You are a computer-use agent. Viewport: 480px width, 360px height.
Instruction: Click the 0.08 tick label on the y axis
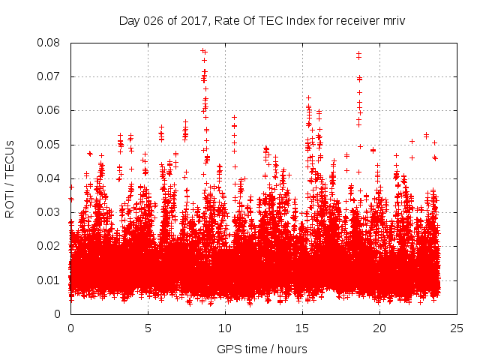(51, 43)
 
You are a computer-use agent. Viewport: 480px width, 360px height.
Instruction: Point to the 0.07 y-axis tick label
(51, 76)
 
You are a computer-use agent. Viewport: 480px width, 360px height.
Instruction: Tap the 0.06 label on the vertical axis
(51, 110)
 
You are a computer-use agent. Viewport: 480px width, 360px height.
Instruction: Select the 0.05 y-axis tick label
(51, 144)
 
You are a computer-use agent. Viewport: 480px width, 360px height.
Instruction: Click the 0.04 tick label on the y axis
(51, 178)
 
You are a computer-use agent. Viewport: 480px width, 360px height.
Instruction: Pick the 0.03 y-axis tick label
(51, 212)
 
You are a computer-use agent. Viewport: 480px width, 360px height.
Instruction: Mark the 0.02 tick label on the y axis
(51, 246)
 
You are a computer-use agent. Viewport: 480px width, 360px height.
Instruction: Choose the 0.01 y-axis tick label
(51, 280)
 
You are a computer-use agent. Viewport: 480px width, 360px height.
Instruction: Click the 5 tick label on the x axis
(148, 328)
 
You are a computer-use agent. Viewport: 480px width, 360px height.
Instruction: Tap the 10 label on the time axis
(225, 328)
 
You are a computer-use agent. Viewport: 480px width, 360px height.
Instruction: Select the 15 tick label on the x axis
(302, 328)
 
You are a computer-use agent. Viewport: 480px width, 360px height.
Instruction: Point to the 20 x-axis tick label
(379, 328)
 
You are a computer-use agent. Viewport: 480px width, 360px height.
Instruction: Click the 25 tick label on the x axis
(457, 328)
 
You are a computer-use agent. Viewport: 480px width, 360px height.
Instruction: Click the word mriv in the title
(391, 20)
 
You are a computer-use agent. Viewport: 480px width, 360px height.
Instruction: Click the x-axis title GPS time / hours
(262, 349)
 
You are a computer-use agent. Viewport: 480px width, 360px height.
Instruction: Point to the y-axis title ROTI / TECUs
(10, 178)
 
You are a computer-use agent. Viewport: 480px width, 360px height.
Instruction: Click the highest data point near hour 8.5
(202, 50)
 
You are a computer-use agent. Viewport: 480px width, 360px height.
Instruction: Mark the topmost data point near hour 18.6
(358, 53)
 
